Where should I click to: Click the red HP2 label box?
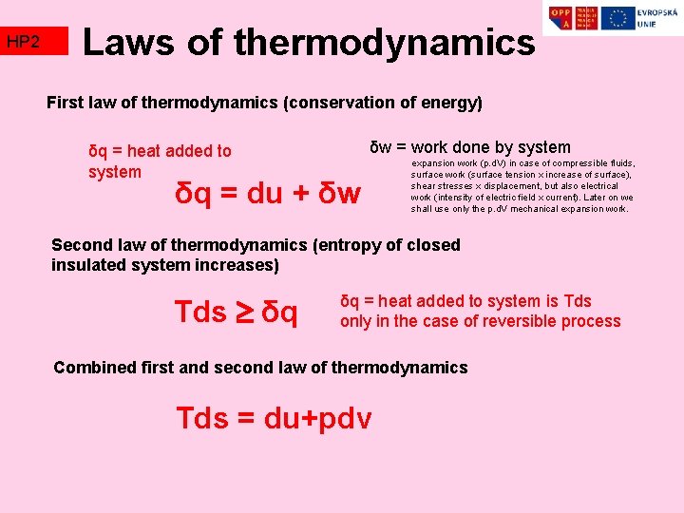tap(35, 42)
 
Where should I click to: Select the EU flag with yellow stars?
tap(618, 18)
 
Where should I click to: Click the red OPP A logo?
tap(561, 18)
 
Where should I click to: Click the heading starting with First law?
tap(264, 102)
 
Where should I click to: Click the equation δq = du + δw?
tap(269, 194)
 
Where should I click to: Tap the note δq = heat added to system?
tap(159, 161)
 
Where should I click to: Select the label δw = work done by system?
tap(470, 147)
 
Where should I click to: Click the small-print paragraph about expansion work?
tap(522, 185)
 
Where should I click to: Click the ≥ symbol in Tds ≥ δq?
tap(243, 311)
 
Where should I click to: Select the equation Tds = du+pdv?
tap(274, 418)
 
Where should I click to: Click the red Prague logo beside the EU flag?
tap(590, 18)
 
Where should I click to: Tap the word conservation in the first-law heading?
tap(334, 102)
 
